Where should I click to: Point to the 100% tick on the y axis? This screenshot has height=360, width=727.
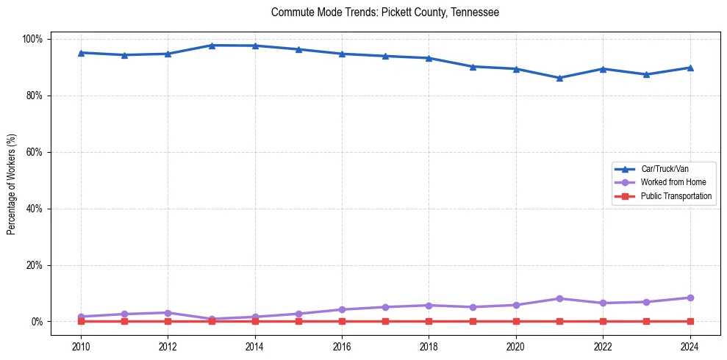pyautogui.click(x=34, y=39)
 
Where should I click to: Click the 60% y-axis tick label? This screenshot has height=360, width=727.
pyautogui.click(x=35, y=152)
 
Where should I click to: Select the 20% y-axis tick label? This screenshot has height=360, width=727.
pyautogui.click(x=35, y=265)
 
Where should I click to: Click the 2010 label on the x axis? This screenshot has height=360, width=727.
pyautogui.click(x=81, y=347)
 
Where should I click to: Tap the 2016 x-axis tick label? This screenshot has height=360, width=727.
pyautogui.click(x=342, y=347)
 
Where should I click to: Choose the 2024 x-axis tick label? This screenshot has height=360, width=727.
pyautogui.click(x=690, y=347)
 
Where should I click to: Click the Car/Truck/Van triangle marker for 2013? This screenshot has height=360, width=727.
pyautogui.click(x=212, y=46)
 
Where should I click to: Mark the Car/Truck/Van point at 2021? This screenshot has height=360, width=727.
pyautogui.click(x=559, y=78)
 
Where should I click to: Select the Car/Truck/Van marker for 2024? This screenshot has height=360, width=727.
pyautogui.click(x=690, y=68)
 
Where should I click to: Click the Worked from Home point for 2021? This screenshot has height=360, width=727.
pyautogui.click(x=559, y=298)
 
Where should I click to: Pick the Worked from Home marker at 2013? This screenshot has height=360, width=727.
pyautogui.click(x=212, y=319)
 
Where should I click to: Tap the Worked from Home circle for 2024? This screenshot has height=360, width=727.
pyautogui.click(x=690, y=298)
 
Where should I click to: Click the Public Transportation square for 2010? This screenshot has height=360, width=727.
pyautogui.click(x=81, y=322)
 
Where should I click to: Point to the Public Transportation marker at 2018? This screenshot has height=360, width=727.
pyautogui.click(x=429, y=322)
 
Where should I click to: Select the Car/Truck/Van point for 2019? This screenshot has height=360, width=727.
pyautogui.click(x=473, y=67)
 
